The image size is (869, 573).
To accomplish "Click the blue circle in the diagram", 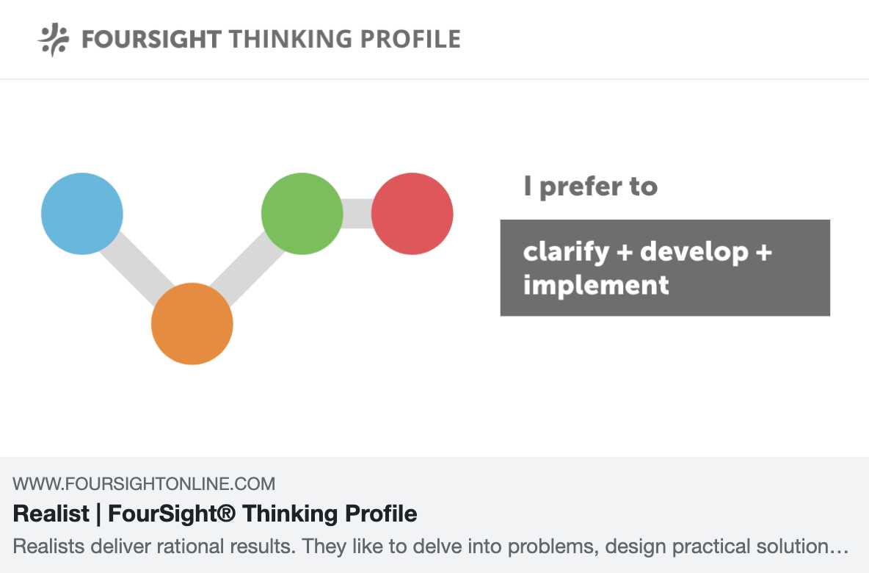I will [81, 214].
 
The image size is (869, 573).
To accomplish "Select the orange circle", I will [192, 324].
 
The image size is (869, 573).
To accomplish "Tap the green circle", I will [302, 214].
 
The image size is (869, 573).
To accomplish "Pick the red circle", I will [412, 214].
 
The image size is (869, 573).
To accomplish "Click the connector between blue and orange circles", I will [137, 269].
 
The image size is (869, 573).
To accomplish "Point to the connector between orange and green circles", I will [247, 269].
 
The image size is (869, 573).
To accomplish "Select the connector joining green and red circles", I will [357, 214].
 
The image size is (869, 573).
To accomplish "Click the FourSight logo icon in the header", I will [54, 39].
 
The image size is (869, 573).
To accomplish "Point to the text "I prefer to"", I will [590, 187].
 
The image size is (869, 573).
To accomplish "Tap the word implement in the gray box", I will [595, 284].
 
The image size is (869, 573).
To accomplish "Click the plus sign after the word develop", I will [763, 253].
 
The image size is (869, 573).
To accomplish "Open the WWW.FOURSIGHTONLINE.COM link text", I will [144, 484].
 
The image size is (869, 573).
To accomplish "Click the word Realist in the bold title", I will [51, 513].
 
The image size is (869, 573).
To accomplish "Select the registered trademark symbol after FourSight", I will [227, 513].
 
